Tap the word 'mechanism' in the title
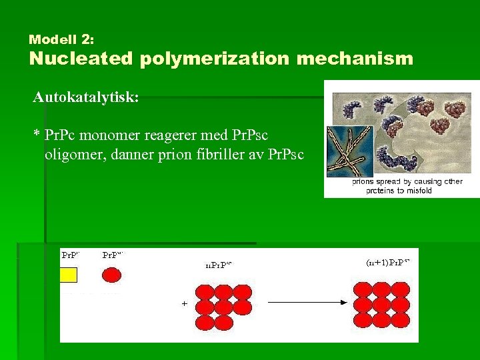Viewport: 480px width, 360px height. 355,59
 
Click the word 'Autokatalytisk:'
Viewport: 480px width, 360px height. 86,97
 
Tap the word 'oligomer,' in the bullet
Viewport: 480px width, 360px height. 73,155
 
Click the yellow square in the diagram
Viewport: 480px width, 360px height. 69,275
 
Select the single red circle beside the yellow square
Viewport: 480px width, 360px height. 111,275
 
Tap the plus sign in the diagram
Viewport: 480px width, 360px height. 184,303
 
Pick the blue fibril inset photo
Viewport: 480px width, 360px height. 349,151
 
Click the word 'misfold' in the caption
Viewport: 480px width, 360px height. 417,191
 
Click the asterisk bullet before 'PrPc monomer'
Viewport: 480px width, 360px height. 37,135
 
